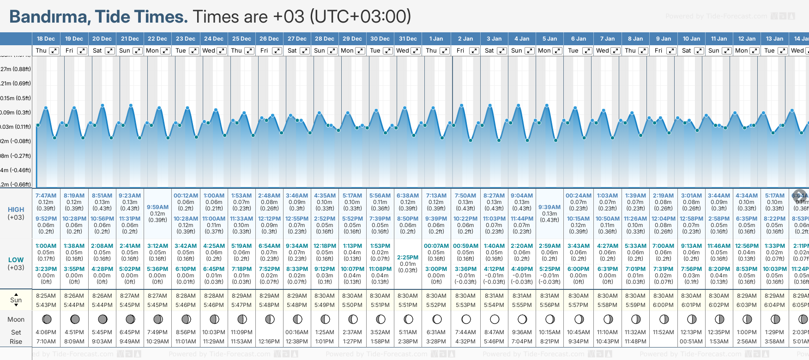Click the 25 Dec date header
click(x=241, y=39)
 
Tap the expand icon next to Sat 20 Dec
click(x=110, y=51)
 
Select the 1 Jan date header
click(x=436, y=39)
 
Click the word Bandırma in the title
click(x=50, y=17)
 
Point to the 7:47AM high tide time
click(x=46, y=196)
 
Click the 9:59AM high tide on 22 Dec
click(x=157, y=207)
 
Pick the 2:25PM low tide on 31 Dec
click(x=408, y=258)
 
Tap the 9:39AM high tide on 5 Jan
click(x=549, y=207)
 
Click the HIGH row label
click(x=16, y=210)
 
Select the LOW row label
click(x=16, y=260)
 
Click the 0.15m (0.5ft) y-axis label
click(x=16, y=98)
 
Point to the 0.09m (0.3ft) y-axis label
click(x=16, y=112)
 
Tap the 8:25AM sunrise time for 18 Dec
click(x=46, y=296)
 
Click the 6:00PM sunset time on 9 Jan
click(x=663, y=305)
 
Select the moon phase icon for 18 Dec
click(x=46, y=319)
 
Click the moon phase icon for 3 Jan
click(x=494, y=319)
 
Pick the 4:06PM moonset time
click(x=46, y=332)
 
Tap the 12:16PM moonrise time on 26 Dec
click(x=269, y=342)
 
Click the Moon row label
click(x=16, y=319)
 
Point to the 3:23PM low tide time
click(x=46, y=269)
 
